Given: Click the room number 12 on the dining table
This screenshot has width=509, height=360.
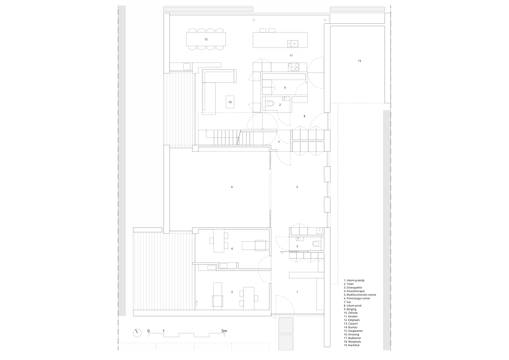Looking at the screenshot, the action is point(206,39).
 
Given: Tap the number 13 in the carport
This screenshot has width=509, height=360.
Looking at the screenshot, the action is point(359,61).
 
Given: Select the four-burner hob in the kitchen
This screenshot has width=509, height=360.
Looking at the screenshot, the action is point(294,67).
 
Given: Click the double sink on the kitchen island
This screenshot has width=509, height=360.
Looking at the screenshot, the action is point(293,43).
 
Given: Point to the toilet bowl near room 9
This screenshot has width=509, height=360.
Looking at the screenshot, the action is point(270,104).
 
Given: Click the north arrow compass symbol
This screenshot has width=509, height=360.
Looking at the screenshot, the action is point(137,333).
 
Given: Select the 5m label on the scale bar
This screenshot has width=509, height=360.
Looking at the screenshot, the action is point(224,331).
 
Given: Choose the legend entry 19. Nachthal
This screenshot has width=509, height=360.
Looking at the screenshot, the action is point(352,345).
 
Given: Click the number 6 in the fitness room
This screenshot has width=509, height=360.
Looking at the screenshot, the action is point(232,187).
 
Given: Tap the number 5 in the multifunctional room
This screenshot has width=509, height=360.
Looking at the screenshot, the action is point(297,187).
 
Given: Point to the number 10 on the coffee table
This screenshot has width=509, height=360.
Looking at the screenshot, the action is point(230,102).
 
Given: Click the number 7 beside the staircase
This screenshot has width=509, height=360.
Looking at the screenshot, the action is point(279,142).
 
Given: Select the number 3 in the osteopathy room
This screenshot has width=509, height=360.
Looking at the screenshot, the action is point(232,292).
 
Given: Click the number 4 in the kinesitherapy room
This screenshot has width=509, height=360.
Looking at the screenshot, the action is point(232,249).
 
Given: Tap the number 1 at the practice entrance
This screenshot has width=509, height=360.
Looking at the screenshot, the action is point(297,292).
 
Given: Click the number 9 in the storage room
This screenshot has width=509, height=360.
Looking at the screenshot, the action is point(285,88).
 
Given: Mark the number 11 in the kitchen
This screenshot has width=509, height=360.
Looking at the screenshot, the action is point(291,55).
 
